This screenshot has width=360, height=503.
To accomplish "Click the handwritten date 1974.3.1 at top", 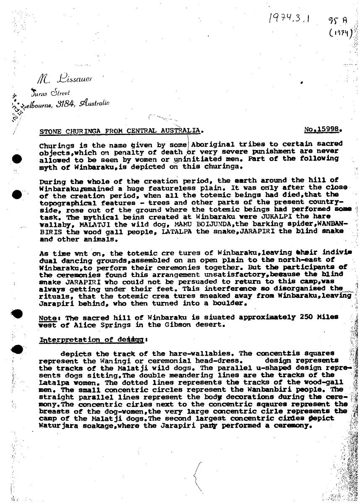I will [x=288, y=19].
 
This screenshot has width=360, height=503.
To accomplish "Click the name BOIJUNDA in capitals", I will [x=179, y=224].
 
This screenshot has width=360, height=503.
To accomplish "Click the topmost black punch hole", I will [x=17, y=159].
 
